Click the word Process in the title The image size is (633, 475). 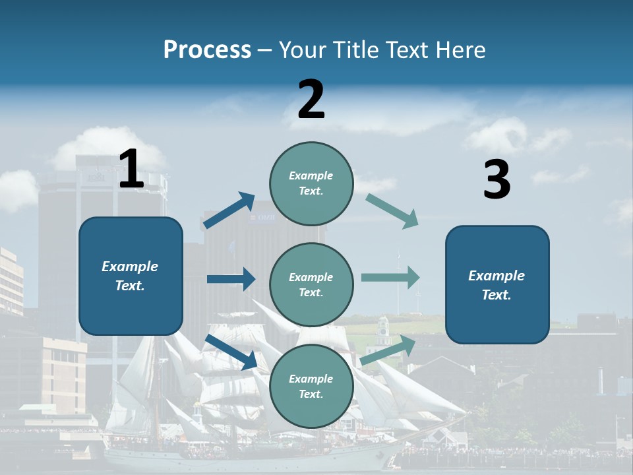click(x=207, y=49)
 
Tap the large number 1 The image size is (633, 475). click(x=131, y=169)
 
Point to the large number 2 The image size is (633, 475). click(x=311, y=100)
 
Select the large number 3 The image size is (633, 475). click(x=497, y=179)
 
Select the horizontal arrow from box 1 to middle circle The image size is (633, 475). click(x=231, y=279)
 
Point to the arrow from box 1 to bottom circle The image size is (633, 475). click(x=231, y=352)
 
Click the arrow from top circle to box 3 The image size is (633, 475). click(x=392, y=211)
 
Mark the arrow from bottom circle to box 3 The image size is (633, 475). click(x=388, y=350)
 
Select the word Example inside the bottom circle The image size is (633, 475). click(x=311, y=379)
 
